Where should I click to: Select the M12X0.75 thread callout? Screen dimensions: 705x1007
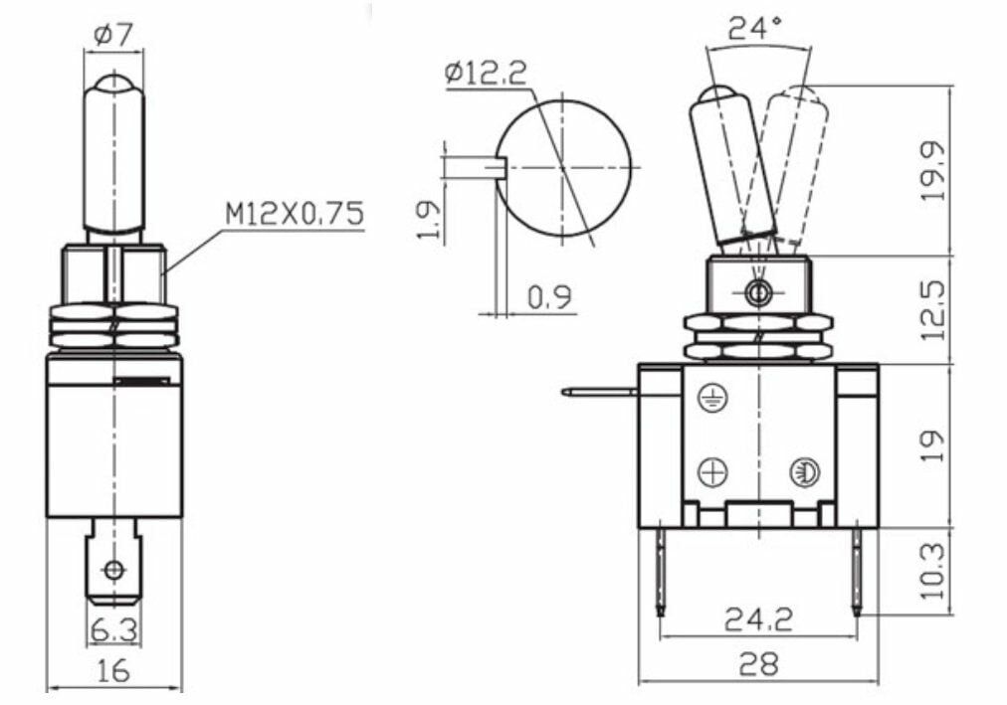(294, 214)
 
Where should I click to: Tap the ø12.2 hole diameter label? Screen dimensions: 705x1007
(488, 74)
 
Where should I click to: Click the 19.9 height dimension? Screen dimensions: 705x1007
(933, 170)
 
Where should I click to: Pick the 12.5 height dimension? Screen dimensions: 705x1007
(933, 309)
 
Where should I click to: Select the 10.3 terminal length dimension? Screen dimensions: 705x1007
(933, 571)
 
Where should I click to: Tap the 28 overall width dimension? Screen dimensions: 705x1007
(757, 663)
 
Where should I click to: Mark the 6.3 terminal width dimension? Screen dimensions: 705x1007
(113, 628)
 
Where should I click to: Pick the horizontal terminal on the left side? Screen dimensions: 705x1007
(597, 393)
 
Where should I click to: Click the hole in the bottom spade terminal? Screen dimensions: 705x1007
(113, 570)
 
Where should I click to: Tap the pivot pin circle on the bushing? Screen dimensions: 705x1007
(758, 292)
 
